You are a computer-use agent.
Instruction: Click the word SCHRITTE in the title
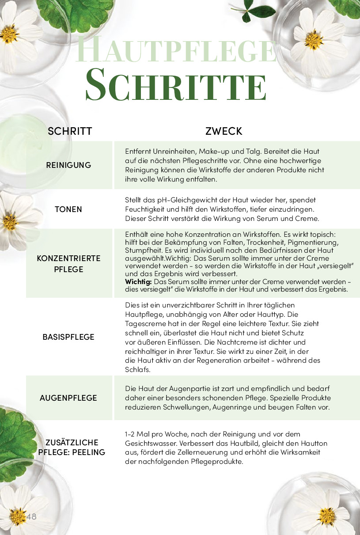176,84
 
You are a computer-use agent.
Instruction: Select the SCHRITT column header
70,131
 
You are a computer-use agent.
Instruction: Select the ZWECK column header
224,131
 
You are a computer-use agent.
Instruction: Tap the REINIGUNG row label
68,165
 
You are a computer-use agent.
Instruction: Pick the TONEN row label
68,209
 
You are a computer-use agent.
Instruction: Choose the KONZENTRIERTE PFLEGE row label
68,264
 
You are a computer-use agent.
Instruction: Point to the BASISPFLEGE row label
68,337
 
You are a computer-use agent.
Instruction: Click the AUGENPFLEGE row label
68,398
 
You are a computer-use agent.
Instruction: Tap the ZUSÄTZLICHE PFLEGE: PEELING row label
72,448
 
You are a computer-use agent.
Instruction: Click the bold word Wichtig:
138,281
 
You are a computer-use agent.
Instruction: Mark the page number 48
31,516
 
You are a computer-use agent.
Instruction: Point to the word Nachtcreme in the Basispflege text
250,342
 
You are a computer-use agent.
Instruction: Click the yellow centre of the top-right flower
314,41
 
